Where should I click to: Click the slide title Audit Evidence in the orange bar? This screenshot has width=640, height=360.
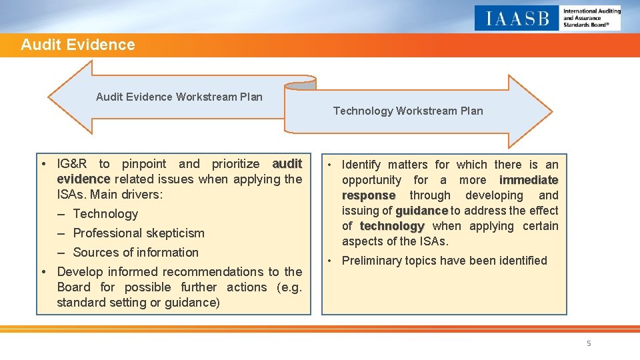pos(77,45)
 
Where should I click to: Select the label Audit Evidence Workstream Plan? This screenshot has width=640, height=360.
pos(179,97)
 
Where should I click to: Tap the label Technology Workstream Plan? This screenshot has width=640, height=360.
pos(408,111)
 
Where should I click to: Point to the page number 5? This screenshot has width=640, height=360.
pos(589,343)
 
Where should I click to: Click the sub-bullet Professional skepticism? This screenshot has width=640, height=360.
pos(138,233)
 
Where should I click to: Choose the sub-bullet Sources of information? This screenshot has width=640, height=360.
pos(135,253)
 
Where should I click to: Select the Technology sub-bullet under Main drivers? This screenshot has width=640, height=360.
pos(105,214)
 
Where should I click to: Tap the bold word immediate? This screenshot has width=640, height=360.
pos(529,180)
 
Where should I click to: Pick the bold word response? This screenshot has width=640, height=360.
pos(368,195)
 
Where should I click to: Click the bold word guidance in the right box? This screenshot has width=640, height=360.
pos(421,211)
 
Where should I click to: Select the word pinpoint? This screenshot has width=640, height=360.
pos(144,164)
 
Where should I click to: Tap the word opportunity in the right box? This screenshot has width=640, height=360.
pos(371,180)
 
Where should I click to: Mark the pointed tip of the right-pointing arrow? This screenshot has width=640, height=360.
pos(552,111)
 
